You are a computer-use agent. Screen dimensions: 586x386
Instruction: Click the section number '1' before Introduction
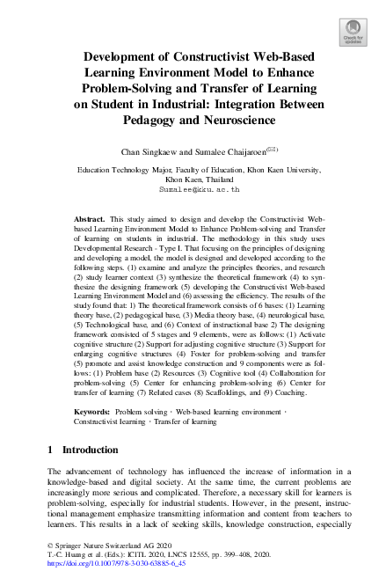pos(50,450)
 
